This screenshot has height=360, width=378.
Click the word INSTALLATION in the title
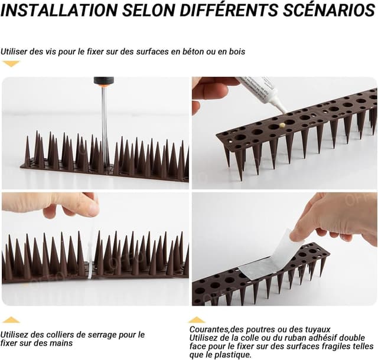59,10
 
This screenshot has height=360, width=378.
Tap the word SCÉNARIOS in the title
329,9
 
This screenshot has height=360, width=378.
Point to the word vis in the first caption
52,51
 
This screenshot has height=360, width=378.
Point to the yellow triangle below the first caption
11,64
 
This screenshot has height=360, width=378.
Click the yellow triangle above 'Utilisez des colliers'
11,320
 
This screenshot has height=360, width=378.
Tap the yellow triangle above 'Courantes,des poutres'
197,320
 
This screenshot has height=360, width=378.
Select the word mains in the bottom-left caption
63,343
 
